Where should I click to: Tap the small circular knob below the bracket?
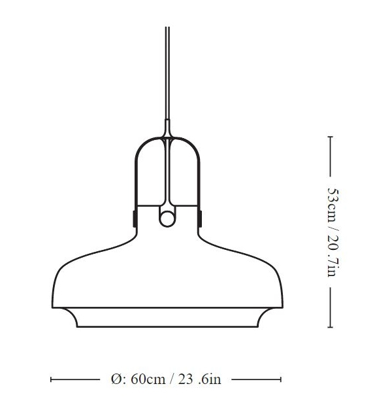(167, 218)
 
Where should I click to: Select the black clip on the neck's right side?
(200, 217)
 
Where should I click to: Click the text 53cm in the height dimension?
(331, 205)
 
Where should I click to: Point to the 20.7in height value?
(331, 253)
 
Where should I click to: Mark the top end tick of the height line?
(331, 137)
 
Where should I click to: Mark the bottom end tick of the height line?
(331, 326)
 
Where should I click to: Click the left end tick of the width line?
(51, 379)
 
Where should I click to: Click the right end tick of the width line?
(281, 379)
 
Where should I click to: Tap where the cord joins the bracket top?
(167, 131)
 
